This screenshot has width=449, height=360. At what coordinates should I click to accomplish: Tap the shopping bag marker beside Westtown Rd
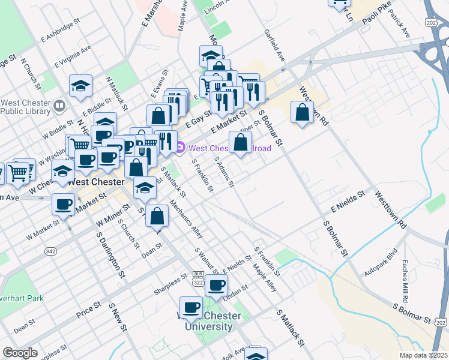302,112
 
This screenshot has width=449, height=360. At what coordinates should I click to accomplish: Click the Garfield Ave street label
274,47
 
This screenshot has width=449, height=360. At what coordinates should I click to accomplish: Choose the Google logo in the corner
20,353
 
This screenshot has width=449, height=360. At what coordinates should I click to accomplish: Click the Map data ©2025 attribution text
423,355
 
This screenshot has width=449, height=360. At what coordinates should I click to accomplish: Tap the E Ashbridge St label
61,30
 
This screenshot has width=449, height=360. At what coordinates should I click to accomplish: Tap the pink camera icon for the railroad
180,147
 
